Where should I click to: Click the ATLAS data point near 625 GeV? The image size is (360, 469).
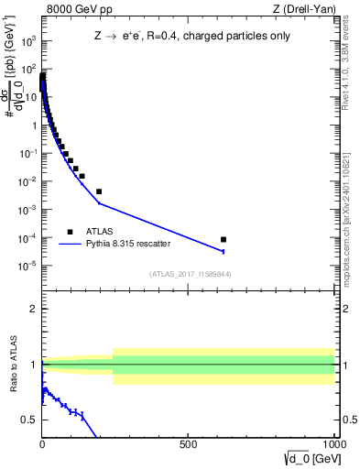click(224, 240)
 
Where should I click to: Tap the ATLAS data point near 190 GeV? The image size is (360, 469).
click(99, 191)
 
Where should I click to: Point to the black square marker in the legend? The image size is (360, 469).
click(70, 232)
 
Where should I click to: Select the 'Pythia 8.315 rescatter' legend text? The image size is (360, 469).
click(129, 245)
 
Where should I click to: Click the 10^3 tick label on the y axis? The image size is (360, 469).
click(29, 41)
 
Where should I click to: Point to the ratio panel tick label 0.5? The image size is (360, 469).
click(30, 420)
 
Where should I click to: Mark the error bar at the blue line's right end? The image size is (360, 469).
click(224, 251)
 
